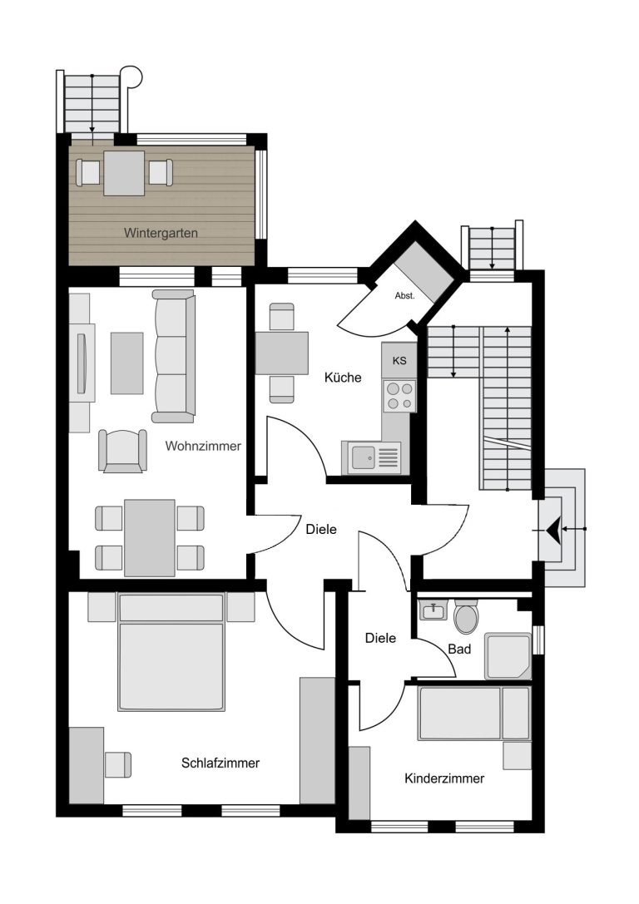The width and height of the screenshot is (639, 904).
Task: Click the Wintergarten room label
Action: pos(161,234)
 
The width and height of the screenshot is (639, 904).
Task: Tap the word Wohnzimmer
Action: pos(203,446)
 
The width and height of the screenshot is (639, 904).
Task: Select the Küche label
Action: pos(343,378)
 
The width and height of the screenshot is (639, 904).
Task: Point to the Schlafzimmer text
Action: pos(220,763)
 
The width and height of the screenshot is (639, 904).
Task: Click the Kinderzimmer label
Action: pos(444,779)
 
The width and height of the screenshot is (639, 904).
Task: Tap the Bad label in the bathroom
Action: pos(459,650)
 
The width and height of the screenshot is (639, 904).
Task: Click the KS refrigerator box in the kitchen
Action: pos(399,361)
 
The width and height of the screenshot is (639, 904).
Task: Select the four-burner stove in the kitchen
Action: pos(399,396)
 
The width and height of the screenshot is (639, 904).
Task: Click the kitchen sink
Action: pos(375,457)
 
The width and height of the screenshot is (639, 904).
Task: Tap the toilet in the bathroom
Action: pos(465,615)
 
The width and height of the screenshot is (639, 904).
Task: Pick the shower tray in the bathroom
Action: pos(508,656)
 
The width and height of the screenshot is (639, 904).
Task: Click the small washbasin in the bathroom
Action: pos(433,610)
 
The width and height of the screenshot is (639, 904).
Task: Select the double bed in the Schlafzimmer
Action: pos(171,652)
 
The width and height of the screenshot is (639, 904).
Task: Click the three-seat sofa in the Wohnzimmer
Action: pos(173,356)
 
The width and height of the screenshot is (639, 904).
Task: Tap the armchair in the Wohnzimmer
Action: pos(122,451)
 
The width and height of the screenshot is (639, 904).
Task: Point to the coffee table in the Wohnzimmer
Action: pos(126,363)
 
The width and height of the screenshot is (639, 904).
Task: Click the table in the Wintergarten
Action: pos(124,173)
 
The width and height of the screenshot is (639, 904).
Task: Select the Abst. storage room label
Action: pos(404,296)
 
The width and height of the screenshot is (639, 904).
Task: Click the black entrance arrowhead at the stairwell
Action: pos(553,529)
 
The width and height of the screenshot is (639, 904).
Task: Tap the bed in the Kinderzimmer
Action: pos(473,714)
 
